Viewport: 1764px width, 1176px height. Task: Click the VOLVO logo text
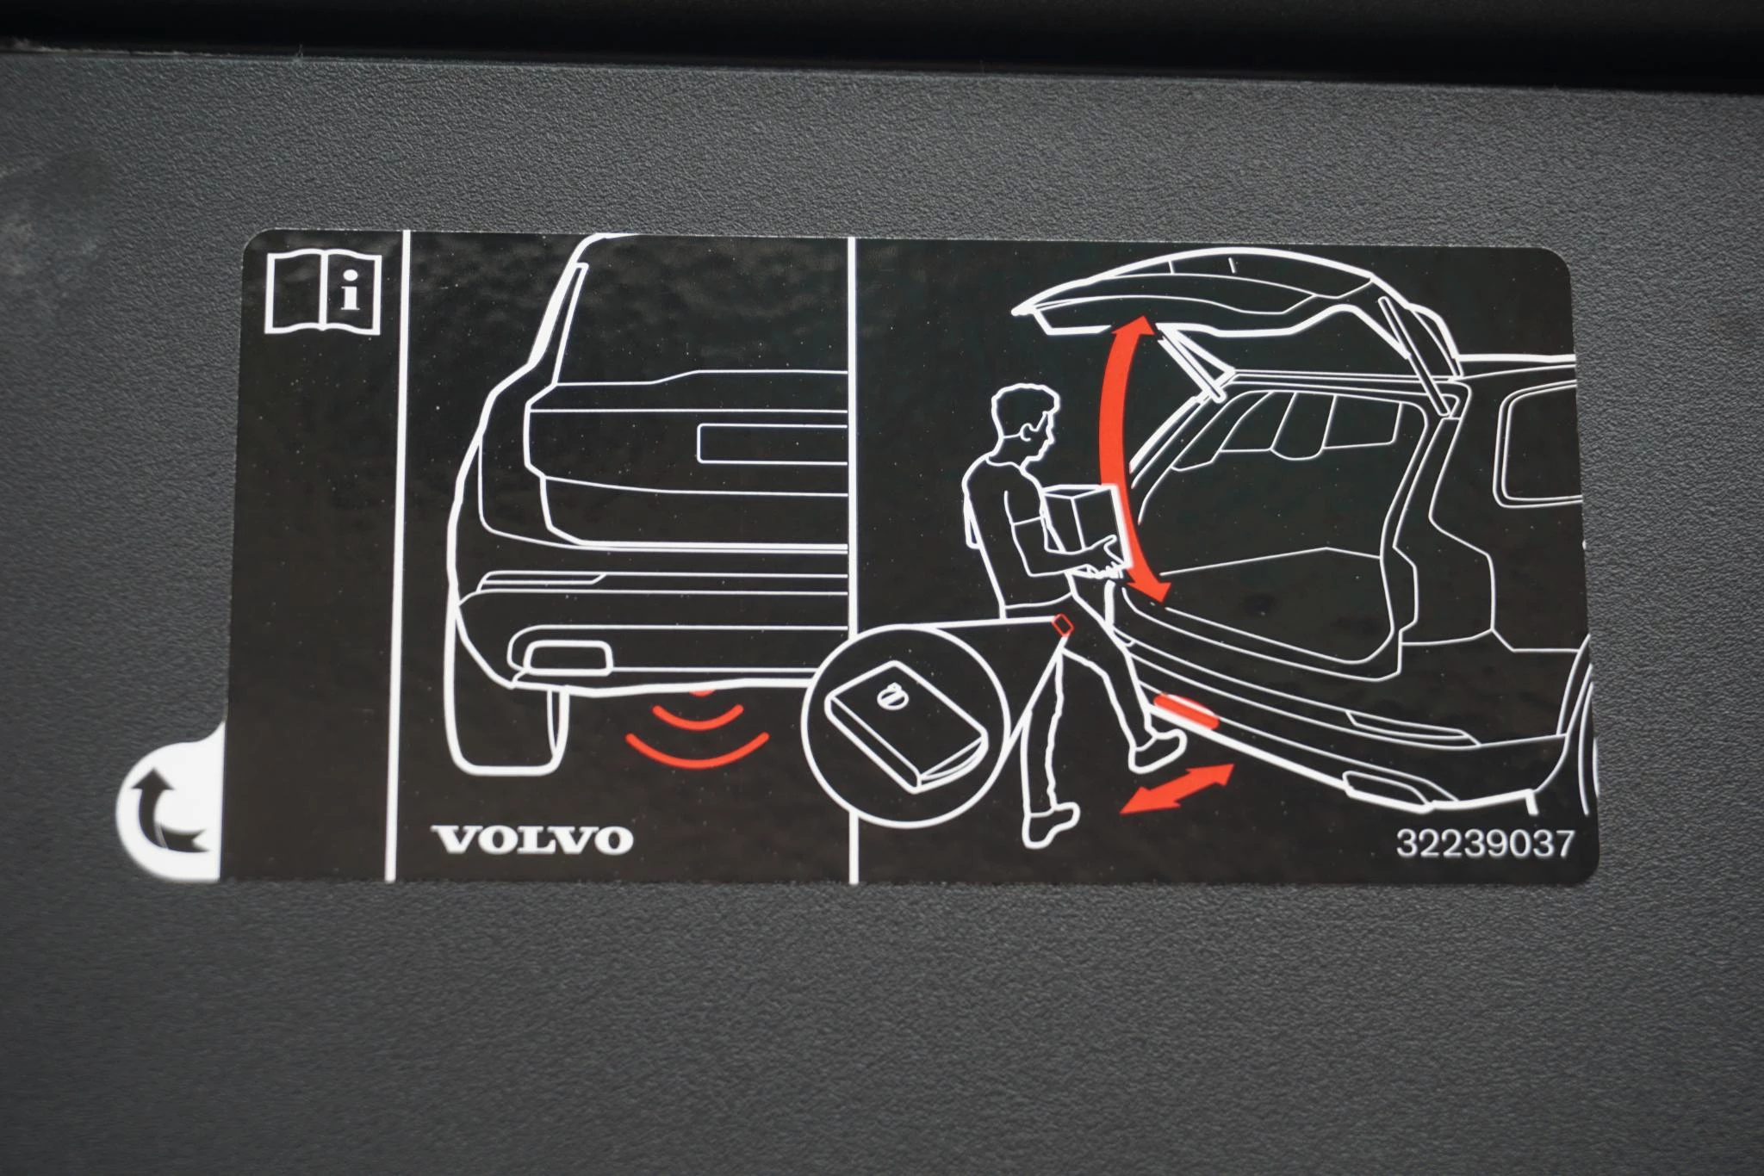(531, 839)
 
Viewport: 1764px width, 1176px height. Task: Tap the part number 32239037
(1484, 844)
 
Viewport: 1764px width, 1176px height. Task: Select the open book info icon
(325, 294)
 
